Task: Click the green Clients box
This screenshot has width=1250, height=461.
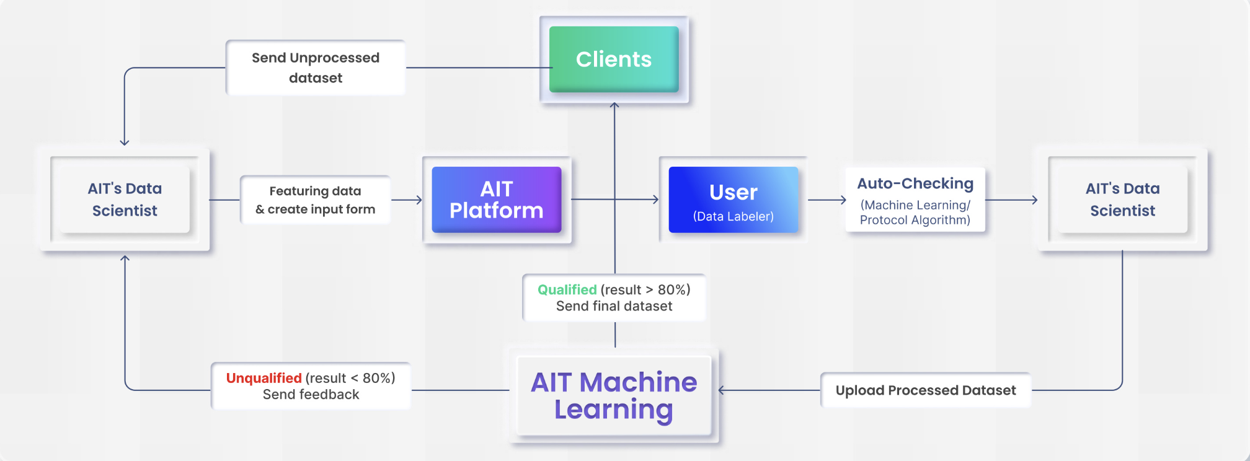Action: coord(614,59)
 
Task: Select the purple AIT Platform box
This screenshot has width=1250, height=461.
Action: coord(496,200)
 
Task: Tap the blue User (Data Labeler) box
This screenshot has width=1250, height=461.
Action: coord(733,200)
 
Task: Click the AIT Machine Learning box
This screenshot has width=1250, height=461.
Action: coord(614,395)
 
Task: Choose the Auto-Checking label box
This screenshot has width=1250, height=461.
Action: coord(915,200)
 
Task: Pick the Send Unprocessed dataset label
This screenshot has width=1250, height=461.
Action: coord(315,68)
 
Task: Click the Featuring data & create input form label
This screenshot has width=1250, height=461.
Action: coord(315,200)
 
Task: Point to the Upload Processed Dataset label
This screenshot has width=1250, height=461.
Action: coord(925,390)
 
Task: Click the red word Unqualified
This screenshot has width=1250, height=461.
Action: coord(264,378)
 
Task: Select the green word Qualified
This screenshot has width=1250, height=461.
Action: coord(567,289)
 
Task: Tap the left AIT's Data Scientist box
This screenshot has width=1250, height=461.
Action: coord(125,200)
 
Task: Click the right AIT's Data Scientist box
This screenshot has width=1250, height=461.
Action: coord(1122,200)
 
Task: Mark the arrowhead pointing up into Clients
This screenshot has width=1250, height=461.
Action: coord(614,105)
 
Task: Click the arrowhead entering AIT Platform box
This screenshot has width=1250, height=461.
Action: coord(420,200)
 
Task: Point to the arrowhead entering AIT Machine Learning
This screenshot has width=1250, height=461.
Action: coord(721,390)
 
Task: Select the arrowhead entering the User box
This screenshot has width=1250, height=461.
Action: coord(656,200)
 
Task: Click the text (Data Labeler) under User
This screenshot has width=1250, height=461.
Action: coord(733,216)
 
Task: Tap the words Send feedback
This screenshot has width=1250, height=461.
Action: coord(311,395)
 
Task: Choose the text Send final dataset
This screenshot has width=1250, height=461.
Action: coord(614,306)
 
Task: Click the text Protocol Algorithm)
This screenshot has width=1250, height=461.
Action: coord(915,220)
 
